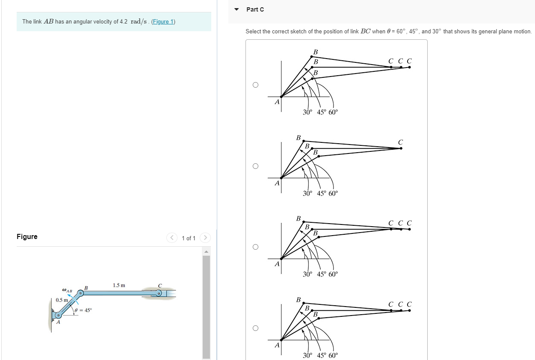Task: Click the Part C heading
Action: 255,9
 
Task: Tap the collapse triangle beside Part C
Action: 236,9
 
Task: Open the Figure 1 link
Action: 163,22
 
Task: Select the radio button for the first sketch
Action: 255,85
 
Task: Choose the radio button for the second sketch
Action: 255,166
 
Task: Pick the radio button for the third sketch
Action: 255,247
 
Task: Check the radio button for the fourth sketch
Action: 255,328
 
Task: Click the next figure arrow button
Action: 205,238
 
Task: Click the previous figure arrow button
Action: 172,238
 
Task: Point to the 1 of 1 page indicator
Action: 189,238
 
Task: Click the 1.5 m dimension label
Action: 119,285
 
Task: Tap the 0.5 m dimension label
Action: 62,300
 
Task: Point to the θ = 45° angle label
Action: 83,310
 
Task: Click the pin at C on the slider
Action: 159,293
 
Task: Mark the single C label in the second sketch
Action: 400,142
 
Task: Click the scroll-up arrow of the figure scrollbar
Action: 206,251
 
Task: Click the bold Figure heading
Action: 27,237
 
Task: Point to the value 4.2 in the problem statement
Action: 123,22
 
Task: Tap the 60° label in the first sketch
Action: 333,112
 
